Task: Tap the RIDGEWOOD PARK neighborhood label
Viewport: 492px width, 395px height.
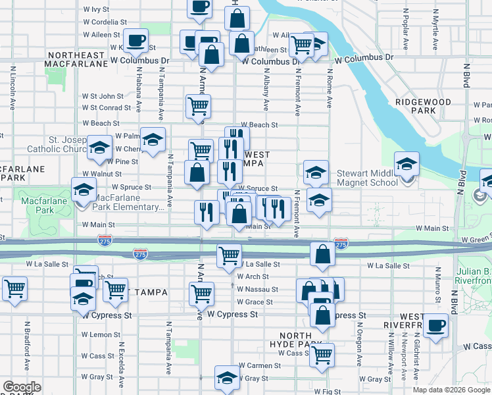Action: pyautogui.click(x=424, y=106)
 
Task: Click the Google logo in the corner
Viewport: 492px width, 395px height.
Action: pyautogui.click(x=22, y=387)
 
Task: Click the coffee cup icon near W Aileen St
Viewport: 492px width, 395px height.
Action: pyautogui.click(x=136, y=41)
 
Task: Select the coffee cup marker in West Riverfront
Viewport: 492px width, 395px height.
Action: pyautogui.click(x=435, y=325)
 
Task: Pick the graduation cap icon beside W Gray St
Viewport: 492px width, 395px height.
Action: pyautogui.click(x=227, y=377)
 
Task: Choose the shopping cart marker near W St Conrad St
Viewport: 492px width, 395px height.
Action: pyautogui.click(x=198, y=105)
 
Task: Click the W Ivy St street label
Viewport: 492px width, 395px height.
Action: pyautogui.click(x=96, y=9)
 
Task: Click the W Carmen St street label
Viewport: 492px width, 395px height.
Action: pyautogui.click(x=260, y=365)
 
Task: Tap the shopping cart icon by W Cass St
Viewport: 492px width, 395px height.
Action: pyautogui.click(x=322, y=354)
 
